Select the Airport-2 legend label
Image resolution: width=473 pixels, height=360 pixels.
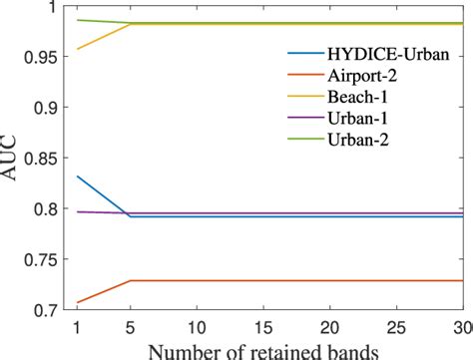359,77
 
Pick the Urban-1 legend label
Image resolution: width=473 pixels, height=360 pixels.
356,119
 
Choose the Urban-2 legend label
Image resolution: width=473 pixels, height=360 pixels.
356,140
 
